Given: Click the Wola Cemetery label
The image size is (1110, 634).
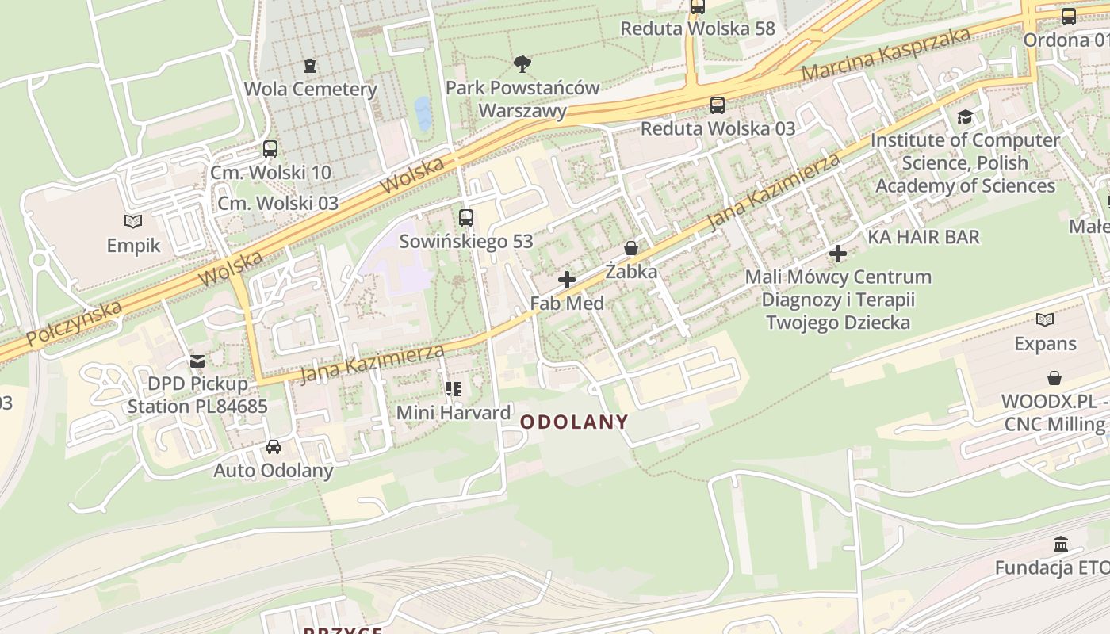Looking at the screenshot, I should click(x=310, y=89).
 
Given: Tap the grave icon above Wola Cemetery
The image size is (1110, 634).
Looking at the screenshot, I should click(x=310, y=65).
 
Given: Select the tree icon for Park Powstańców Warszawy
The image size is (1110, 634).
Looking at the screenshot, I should click(x=522, y=63).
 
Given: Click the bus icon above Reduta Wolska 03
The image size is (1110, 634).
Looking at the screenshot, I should click(x=717, y=105).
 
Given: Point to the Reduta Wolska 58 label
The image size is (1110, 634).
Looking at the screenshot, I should click(x=697, y=29).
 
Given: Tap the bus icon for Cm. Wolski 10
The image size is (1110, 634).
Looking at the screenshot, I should click(x=270, y=148).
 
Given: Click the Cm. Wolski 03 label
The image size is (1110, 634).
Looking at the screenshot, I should click(x=278, y=203).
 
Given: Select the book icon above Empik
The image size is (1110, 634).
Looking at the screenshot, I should click(x=133, y=221).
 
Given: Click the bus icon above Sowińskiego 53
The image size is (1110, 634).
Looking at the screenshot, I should click(x=465, y=217).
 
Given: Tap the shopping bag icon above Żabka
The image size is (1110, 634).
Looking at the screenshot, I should click(x=631, y=248).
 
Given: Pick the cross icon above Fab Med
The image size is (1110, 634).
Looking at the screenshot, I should click(x=567, y=279).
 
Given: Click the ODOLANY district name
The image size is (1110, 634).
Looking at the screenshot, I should click(x=574, y=422).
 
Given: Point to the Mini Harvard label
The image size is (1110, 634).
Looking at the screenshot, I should click(x=454, y=412).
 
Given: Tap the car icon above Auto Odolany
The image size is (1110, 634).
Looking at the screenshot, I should click(x=274, y=446).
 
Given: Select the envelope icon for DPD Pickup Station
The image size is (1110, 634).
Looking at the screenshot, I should click(x=197, y=361).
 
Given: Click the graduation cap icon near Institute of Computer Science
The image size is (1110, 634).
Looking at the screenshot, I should click(x=965, y=117).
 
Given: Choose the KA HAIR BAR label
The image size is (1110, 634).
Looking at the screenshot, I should click(x=924, y=236).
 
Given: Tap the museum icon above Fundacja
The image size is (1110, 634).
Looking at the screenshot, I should click(x=1061, y=544).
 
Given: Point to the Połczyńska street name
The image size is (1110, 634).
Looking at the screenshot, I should click(x=75, y=323).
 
